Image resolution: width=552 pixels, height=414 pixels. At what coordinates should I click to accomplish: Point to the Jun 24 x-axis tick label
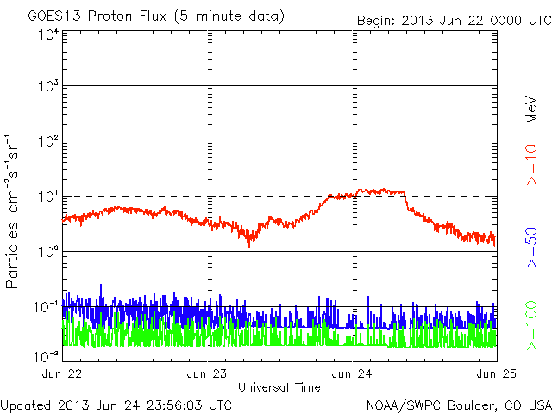(354, 374)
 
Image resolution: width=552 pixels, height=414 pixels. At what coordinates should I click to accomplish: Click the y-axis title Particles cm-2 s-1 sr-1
(15, 210)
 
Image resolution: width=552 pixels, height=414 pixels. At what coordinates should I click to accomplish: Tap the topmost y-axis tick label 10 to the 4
(47, 34)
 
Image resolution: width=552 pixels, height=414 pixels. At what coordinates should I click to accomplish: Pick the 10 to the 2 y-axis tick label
(47, 143)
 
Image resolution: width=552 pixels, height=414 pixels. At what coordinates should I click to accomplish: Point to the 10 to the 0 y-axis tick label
(47, 253)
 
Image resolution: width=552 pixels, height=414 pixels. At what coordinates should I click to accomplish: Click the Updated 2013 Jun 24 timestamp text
(116, 404)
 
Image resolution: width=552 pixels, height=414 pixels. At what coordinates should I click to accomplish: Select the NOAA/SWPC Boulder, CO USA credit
(458, 404)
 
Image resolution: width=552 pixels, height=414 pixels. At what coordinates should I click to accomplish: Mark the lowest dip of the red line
(249, 246)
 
